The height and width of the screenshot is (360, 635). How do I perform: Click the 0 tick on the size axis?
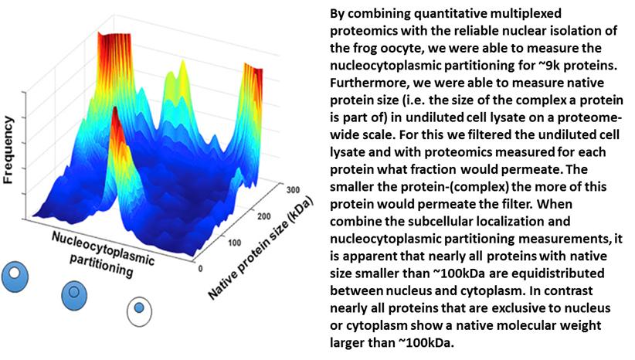pyautogui.click(x=202, y=267)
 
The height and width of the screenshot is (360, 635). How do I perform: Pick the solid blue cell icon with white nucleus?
pyautogui.click(x=15, y=273)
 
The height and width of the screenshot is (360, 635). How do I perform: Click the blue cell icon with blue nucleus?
pyautogui.click(x=76, y=292)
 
